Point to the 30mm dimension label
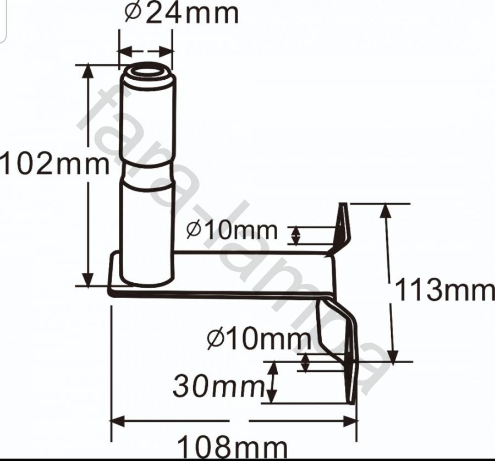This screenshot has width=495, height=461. [218, 385]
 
